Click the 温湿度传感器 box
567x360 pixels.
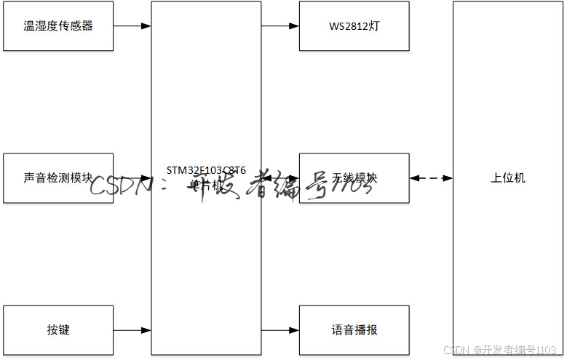click(x=58, y=26)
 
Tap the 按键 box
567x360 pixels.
click(x=58, y=330)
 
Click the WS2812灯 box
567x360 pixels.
click(x=354, y=26)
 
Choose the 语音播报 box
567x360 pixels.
click(x=354, y=330)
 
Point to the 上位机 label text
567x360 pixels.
click(x=508, y=178)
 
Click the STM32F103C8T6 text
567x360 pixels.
click(x=206, y=171)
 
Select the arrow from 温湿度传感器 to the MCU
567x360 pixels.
click(x=132, y=26)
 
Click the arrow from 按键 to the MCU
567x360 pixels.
click(x=132, y=331)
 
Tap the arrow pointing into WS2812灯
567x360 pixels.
click(x=279, y=26)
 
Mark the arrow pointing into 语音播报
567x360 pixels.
click(x=279, y=331)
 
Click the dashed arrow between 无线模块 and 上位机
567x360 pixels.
click(x=431, y=178)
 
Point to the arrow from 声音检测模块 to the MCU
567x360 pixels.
click(x=132, y=178)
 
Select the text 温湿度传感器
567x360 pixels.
click(x=58, y=26)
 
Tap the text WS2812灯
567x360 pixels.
click(x=354, y=26)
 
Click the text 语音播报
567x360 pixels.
click(x=354, y=330)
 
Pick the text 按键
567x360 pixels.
click(x=58, y=330)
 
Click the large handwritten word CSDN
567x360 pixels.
click(x=120, y=185)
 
